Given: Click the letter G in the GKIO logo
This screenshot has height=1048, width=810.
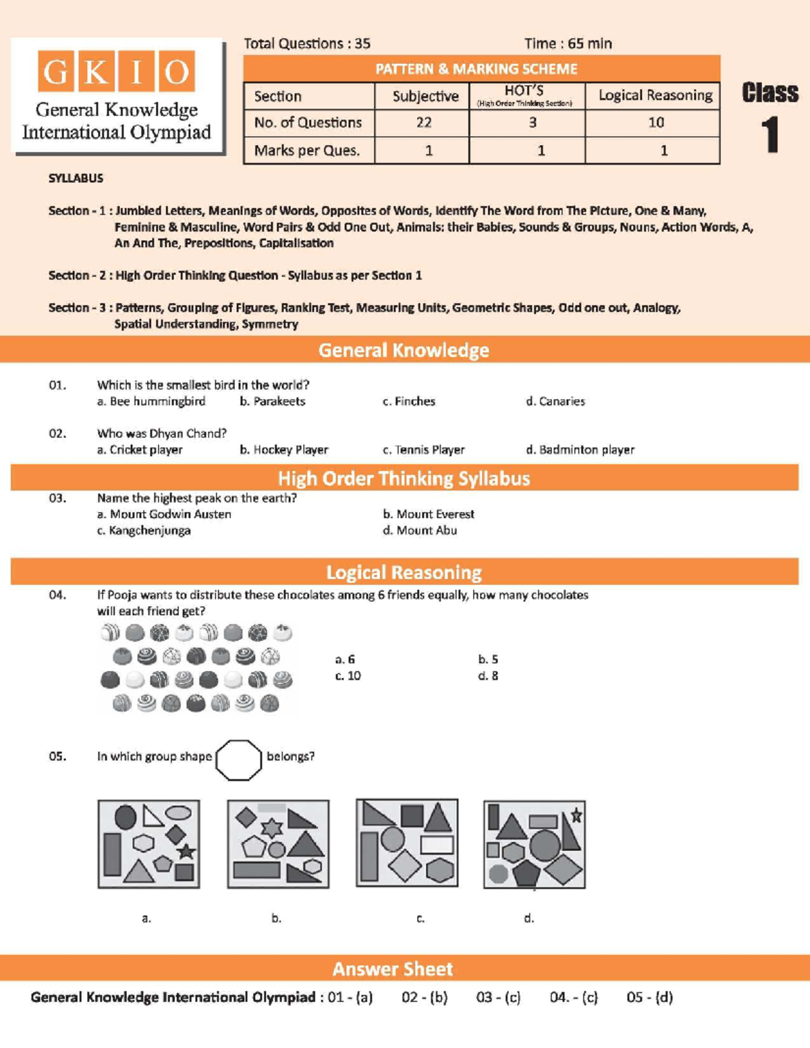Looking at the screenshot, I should click(x=57, y=72).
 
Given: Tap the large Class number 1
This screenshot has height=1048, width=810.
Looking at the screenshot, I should click(x=770, y=135).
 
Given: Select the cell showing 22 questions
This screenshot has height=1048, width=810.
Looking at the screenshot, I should click(x=423, y=123).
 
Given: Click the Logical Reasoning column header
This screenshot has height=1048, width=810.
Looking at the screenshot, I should click(x=655, y=96).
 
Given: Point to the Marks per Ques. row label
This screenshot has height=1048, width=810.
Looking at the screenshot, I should click(x=306, y=150).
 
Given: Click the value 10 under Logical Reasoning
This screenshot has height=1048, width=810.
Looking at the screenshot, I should click(x=655, y=123).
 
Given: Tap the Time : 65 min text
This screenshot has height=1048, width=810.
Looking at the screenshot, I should click(x=568, y=44).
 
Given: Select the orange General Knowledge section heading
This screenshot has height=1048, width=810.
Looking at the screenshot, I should click(x=404, y=350).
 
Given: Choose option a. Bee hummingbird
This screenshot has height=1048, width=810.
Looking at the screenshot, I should click(x=151, y=402).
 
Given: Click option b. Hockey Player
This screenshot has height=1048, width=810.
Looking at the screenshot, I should click(x=283, y=450).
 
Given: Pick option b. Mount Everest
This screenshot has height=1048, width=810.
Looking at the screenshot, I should click(x=428, y=514).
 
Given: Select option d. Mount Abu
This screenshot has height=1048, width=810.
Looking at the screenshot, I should click(x=419, y=531).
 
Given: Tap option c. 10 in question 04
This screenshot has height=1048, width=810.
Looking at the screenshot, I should click(x=348, y=676).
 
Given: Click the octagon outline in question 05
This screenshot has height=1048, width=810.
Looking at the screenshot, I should click(x=238, y=760).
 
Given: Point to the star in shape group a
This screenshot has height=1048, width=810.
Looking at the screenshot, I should click(x=186, y=852).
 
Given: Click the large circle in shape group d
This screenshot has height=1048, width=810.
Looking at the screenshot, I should click(x=544, y=844).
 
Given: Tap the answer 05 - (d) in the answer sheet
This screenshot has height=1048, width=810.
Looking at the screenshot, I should click(x=649, y=997).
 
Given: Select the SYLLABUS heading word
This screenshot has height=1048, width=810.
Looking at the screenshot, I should click(x=76, y=179).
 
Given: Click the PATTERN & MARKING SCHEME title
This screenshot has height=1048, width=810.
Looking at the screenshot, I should click(x=476, y=69).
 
